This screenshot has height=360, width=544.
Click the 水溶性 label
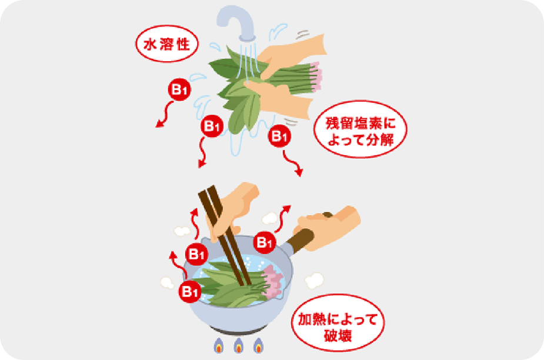click(x=166, y=44)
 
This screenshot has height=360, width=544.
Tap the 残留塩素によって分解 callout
click(x=360, y=129)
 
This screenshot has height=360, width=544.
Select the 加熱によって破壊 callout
click(x=338, y=323)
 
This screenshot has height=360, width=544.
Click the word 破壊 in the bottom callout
click(x=338, y=335)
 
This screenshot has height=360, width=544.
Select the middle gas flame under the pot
click(x=238, y=345)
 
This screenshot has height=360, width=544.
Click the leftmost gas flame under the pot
click(x=219, y=345)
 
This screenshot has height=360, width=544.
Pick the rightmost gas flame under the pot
click(x=258, y=345)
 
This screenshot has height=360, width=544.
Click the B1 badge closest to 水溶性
click(x=179, y=89)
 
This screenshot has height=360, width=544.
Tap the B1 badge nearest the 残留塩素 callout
click(x=279, y=136)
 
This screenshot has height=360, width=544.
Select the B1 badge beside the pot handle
click(x=265, y=242)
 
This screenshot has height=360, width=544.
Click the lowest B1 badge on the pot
click(x=190, y=291)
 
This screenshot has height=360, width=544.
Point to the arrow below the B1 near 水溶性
click(x=165, y=115)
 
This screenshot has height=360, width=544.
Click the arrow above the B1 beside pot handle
click(x=282, y=219)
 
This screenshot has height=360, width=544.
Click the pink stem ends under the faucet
click(x=316, y=77)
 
